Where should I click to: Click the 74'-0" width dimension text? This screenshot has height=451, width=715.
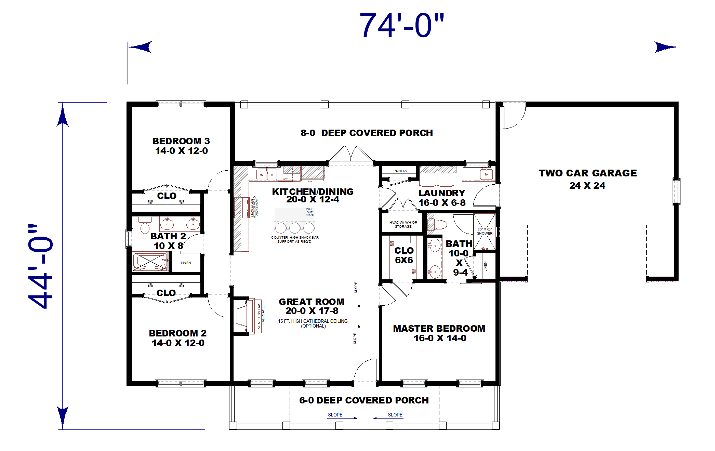(x=402, y=26)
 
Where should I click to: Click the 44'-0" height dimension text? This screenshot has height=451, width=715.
(x=41, y=267)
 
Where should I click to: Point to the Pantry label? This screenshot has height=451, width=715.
(x=400, y=171)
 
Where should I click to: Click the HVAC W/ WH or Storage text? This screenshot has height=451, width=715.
(x=403, y=224)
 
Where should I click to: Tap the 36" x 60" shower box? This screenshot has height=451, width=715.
(x=485, y=231)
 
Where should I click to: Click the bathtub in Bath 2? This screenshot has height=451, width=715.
(x=150, y=262)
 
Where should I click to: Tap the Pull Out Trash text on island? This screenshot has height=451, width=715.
(x=309, y=212)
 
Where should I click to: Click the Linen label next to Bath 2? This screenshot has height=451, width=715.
(x=186, y=263)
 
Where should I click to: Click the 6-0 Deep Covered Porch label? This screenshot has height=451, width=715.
(x=364, y=400)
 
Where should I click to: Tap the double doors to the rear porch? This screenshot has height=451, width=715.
(x=351, y=154)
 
